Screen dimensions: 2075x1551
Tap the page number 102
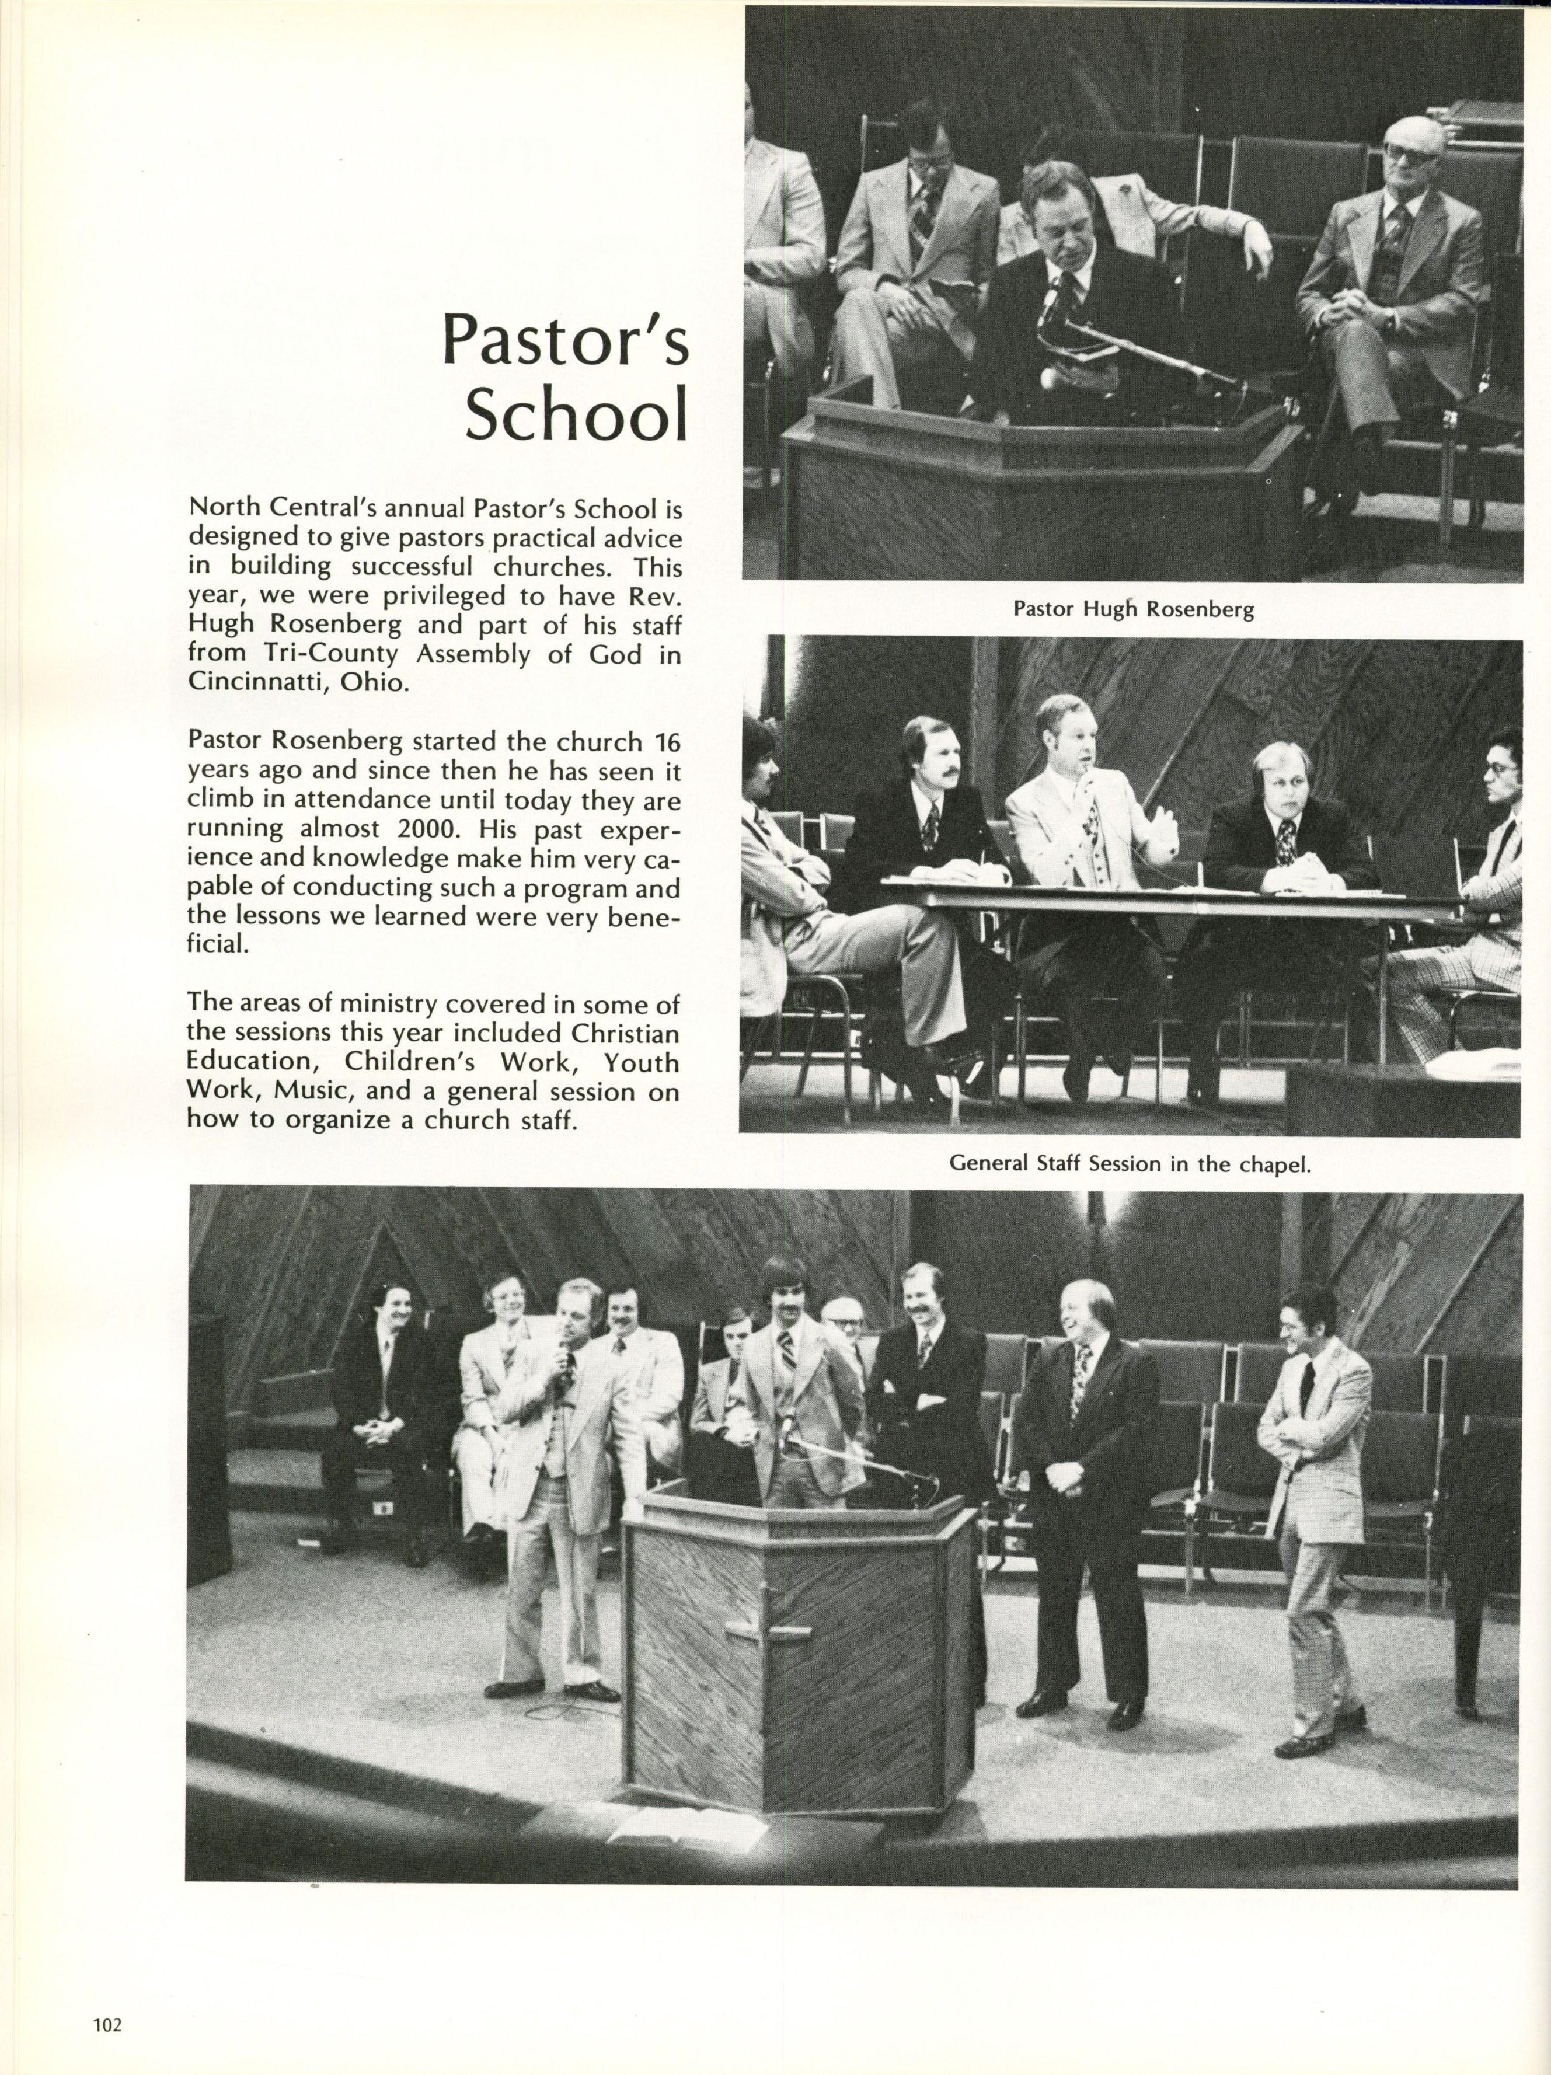tap(108, 2021)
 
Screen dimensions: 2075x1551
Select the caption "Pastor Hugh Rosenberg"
tap(1132, 610)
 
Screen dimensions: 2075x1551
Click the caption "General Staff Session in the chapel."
tap(1130, 1164)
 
